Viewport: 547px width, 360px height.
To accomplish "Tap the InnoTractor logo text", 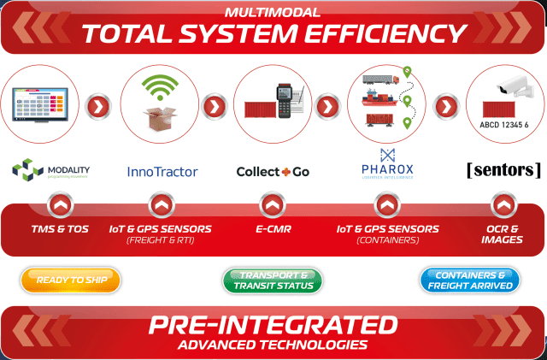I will (162, 171).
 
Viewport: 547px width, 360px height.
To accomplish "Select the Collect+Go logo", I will (273, 171).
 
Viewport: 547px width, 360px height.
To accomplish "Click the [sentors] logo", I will (504, 169).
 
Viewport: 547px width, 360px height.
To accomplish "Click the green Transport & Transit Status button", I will (273, 280).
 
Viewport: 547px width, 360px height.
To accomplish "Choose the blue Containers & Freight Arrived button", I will (470, 280).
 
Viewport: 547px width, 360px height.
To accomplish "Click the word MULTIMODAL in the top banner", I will (273, 13).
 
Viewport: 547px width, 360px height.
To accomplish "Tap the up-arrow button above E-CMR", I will (272, 205).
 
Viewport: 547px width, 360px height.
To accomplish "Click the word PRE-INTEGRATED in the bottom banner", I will (273, 326).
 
